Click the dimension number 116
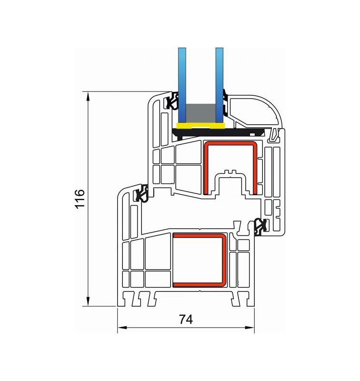(80, 199)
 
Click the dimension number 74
(186, 319)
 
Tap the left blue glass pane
(182, 85)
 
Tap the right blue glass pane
(220, 85)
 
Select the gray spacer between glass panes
(200, 113)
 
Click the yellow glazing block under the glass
(200, 126)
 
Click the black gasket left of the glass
(173, 101)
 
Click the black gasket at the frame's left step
(141, 193)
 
